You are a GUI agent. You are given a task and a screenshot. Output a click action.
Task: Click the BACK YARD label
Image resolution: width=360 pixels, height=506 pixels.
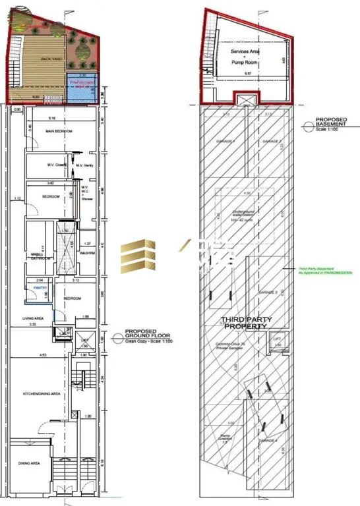[x=50, y=59]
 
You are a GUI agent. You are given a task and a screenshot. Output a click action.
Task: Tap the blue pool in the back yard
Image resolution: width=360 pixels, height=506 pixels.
[x=83, y=86]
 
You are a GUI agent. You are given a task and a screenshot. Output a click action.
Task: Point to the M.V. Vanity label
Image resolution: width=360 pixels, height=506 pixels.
[x=86, y=165]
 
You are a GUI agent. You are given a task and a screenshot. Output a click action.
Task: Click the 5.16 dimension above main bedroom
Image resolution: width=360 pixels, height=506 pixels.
[x=51, y=119]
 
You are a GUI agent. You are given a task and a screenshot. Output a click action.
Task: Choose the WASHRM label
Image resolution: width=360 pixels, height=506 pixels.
[x=89, y=252]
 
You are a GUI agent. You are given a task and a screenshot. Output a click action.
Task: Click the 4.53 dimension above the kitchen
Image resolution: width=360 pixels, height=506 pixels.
[x=42, y=356]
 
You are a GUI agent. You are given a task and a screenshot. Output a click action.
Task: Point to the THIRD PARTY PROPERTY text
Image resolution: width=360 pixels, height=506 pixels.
[x=245, y=323]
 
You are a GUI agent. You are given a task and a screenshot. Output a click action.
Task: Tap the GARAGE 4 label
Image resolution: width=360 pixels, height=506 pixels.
[x=271, y=439]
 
